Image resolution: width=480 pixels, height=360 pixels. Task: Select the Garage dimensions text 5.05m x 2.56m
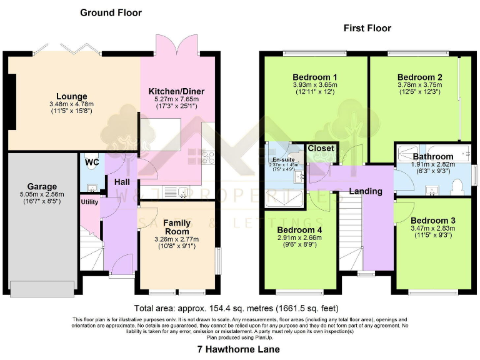(42, 194)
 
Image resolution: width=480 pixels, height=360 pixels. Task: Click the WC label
(92, 162)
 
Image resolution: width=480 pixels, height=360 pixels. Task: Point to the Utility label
(89, 202)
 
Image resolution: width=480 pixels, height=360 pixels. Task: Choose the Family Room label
(177, 227)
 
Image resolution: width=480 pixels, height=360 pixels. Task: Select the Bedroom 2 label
(419, 77)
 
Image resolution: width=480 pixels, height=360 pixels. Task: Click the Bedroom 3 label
(432, 220)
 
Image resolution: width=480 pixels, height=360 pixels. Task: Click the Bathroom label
(432, 156)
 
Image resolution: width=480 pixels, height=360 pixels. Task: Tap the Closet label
(321, 149)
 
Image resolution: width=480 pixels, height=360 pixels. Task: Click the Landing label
(365, 191)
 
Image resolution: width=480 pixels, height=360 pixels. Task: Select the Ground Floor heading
(111, 12)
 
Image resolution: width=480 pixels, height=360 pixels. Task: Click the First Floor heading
(367, 28)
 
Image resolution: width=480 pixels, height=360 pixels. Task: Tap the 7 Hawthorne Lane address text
(238, 349)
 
